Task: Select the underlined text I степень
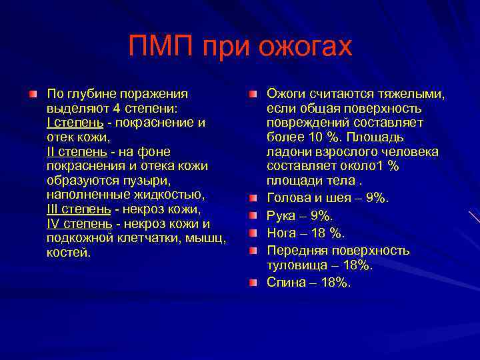coord(75,123)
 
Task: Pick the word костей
coord(69,253)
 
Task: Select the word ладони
coord(289,152)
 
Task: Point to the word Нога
coord(282,233)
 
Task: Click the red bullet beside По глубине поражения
coord(33,94)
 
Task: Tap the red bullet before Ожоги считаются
coord(253,94)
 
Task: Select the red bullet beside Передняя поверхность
coord(253,251)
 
